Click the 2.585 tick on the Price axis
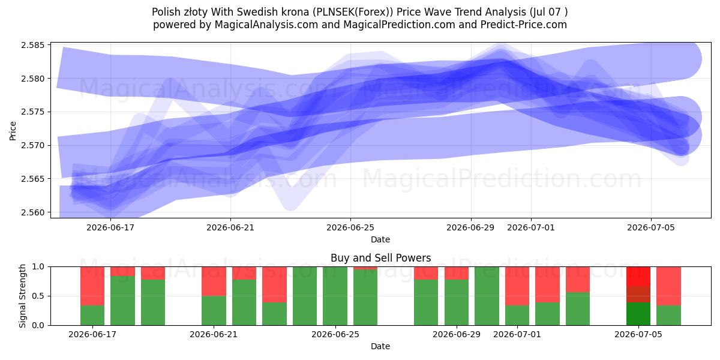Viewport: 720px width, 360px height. pyautogui.click(x=32, y=45)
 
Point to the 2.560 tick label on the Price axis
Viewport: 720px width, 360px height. pyautogui.click(x=32, y=212)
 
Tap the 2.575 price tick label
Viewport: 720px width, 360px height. pyautogui.click(x=32, y=112)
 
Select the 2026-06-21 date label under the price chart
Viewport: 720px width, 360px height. pyautogui.click(x=230, y=227)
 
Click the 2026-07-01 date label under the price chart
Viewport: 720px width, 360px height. pyautogui.click(x=530, y=227)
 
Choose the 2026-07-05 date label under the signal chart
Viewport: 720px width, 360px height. pyautogui.click(x=638, y=334)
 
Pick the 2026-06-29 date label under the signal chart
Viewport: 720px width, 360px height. pyautogui.click(x=457, y=334)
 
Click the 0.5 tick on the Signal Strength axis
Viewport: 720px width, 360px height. pyautogui.click(x=38, y=296)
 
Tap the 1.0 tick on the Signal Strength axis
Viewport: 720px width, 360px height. pyautogui.click(x=38, y=266)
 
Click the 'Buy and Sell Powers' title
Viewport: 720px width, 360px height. pyautogui.click(x=380, y=258)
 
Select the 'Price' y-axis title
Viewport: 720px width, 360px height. pyautogui.click(x=13, y=131)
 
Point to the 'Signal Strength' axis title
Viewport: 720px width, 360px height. pyautogui.click(x=22, y=296)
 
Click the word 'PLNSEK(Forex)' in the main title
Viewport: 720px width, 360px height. pyautogui.click(x=353, y=12)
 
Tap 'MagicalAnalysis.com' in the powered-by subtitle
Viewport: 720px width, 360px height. pyautogui.click(x=266, y=25)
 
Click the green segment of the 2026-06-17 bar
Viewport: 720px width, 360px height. pyautogui.click(x=92, y=316)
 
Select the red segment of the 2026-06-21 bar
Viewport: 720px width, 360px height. pyautogui.click(x=214, y=281)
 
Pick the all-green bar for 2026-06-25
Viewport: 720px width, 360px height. pyautogui.click(x=335, y=296)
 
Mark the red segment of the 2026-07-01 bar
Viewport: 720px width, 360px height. pyautogui.click(x=517, y=286)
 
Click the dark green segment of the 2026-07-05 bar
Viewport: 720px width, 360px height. pyautogui.click(x=638, y=314)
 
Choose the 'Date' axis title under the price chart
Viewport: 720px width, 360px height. pyautogui.click(x=380, y=239)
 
